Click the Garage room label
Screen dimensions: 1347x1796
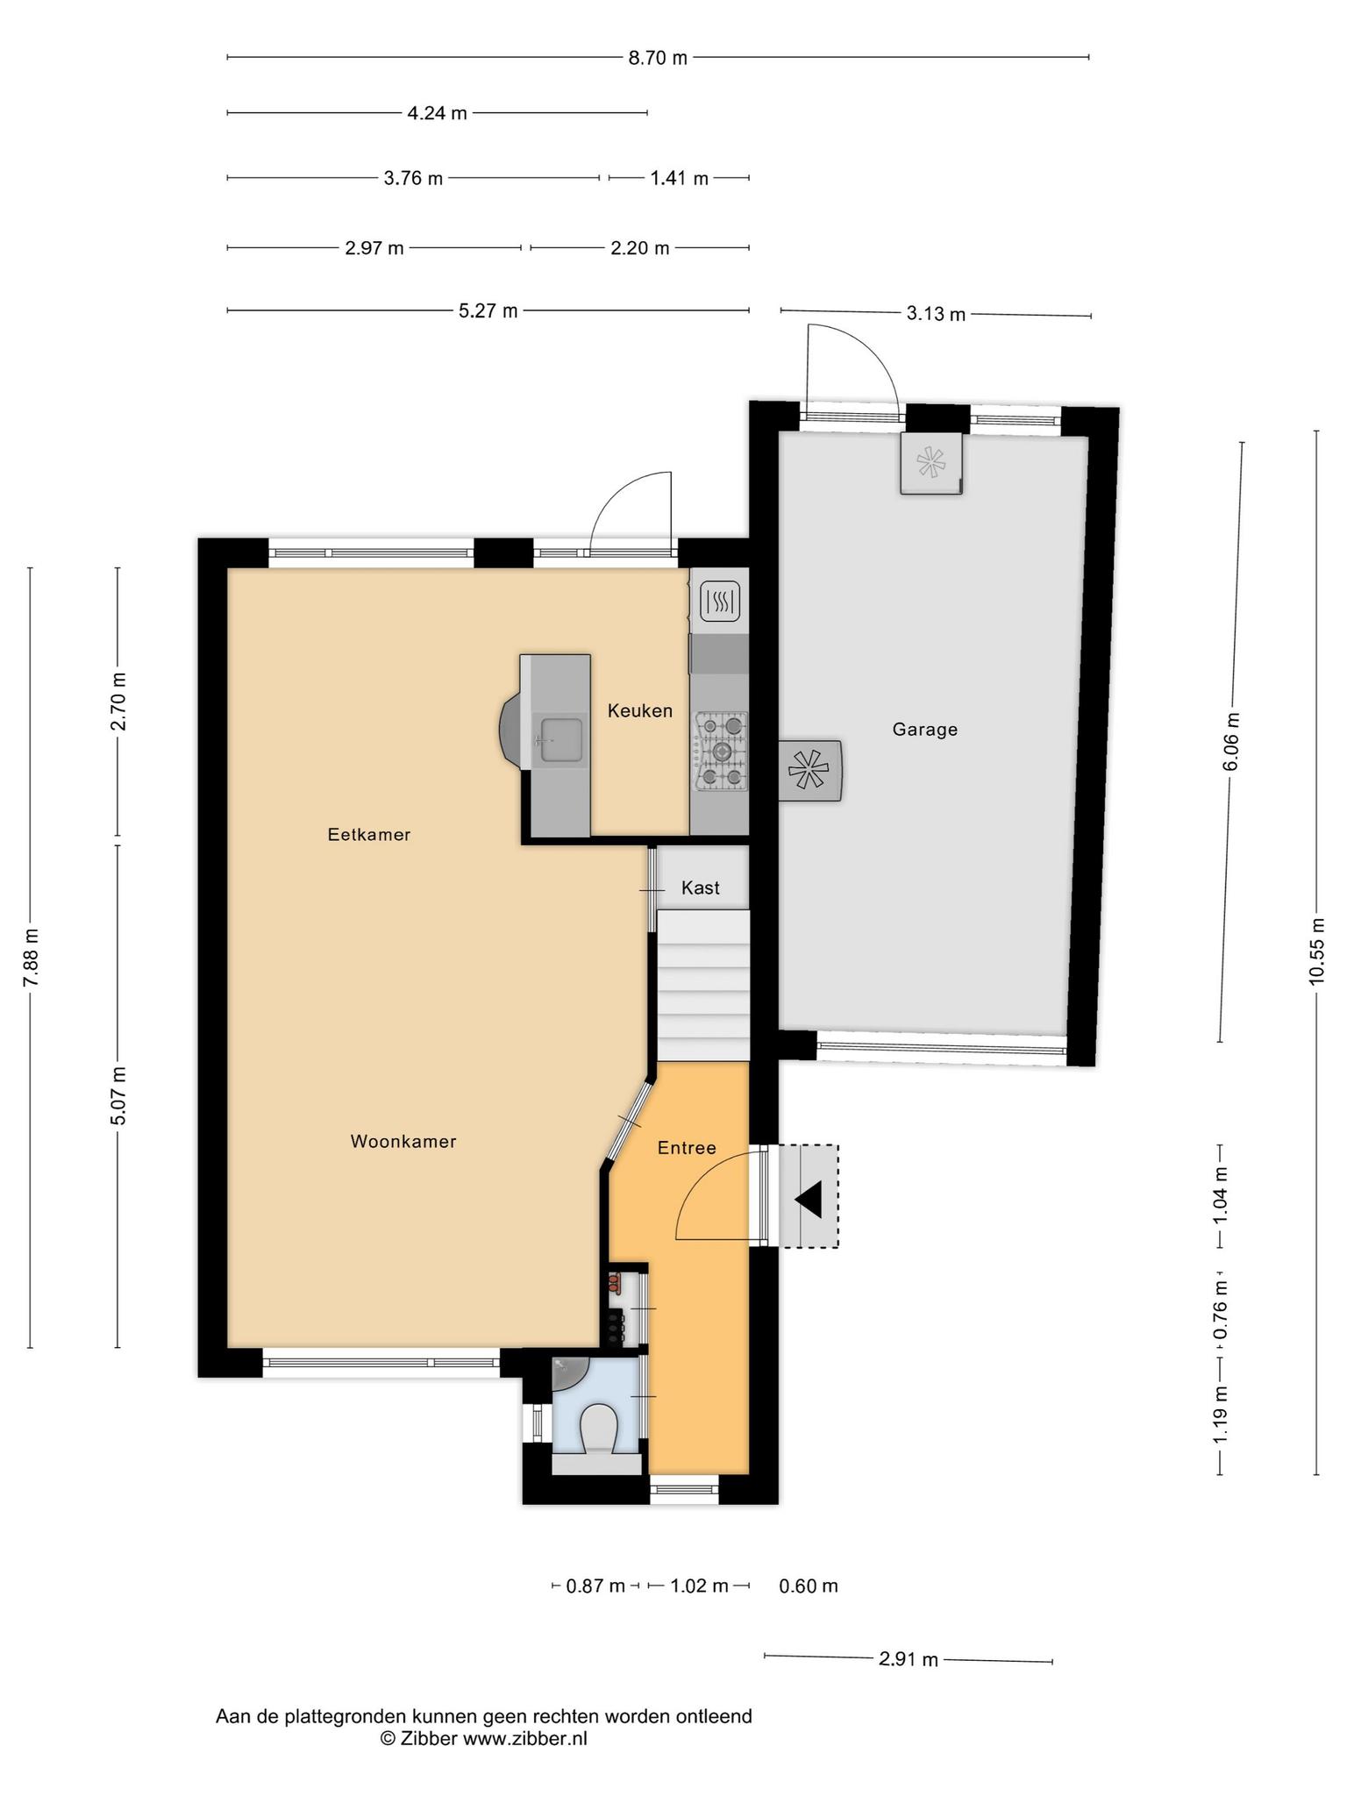(x=924, y=730)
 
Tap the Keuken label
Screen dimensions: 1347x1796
(x=640, y=711)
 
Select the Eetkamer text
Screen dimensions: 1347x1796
(x=369, y=835)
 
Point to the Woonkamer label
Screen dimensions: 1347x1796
(x=403, y=1142)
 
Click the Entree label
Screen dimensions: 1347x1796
(x=687, y=1148)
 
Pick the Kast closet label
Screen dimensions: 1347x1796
(x=701, y=888)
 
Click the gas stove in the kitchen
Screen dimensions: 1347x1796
(x=722, y=752)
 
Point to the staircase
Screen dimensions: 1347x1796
(x=704, y=986)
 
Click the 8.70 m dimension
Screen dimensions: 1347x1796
(x=658, y=59)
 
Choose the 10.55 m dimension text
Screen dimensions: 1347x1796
(x=1316, y=951)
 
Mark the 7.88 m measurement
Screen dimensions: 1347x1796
(x=31, y=957)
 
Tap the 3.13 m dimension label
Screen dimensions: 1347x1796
(x=936, y=314)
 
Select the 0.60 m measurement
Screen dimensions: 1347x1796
(x=809, y=1586)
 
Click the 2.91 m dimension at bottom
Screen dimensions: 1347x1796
(x=909, y=1659)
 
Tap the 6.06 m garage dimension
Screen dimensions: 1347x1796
(x=1231, y=741)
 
